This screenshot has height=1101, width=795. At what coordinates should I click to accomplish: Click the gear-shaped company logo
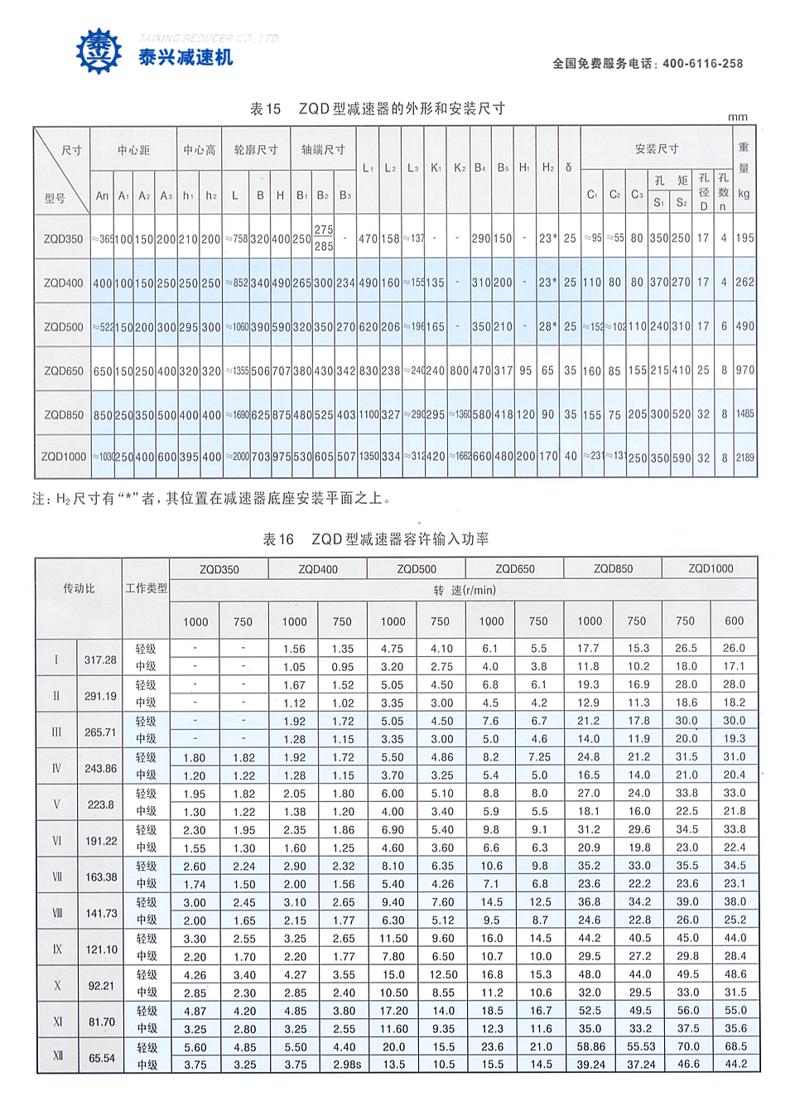tap(99, 51)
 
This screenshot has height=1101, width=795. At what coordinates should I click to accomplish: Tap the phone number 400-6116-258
tap(702, 63)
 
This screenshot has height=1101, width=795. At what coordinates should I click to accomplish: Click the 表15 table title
tap(378, 109)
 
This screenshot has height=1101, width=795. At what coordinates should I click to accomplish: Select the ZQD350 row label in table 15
tap(63, 239)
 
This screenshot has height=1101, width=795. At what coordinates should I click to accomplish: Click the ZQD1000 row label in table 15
tap(63, 456)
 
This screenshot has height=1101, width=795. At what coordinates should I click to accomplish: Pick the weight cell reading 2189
tap(745, 457)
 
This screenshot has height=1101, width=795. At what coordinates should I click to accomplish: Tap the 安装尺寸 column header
tap(657, 148)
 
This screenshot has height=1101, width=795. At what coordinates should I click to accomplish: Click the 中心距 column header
tap(133, 150)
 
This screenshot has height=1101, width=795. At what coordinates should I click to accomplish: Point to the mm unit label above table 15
tap(737, 117)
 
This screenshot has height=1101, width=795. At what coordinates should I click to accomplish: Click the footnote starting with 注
tap(212, 499)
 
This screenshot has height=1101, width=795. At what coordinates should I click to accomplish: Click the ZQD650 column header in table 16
tap(514, 569)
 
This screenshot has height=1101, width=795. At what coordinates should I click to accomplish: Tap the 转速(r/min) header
tap(464, 590)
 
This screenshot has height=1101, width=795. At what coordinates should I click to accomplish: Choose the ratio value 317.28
tap(100, 659)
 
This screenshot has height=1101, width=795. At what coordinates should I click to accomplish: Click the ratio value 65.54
tap(102, 1058)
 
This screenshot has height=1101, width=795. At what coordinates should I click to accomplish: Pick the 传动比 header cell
tap(79, 588)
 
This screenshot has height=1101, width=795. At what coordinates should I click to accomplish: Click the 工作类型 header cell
tap(146, 588)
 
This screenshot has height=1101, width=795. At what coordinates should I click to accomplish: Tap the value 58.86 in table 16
tap(590, 1046)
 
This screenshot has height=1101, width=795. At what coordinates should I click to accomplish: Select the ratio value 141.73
tap(102, 913)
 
